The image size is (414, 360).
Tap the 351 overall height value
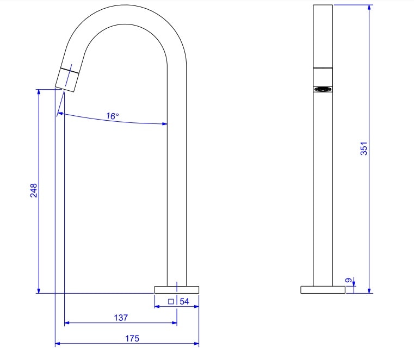[x=364, y=149]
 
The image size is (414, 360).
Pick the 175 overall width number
[x=132, y=338]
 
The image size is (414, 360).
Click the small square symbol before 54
[x=171, y=301]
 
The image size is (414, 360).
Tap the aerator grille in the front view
[x=323, y=89]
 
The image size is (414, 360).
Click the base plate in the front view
[x=323, y=289]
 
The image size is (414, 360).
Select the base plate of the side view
[x=177, y=289]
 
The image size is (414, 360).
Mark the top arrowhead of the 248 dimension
[x=39, y=92]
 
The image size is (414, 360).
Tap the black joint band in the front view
[x=323, y=67]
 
